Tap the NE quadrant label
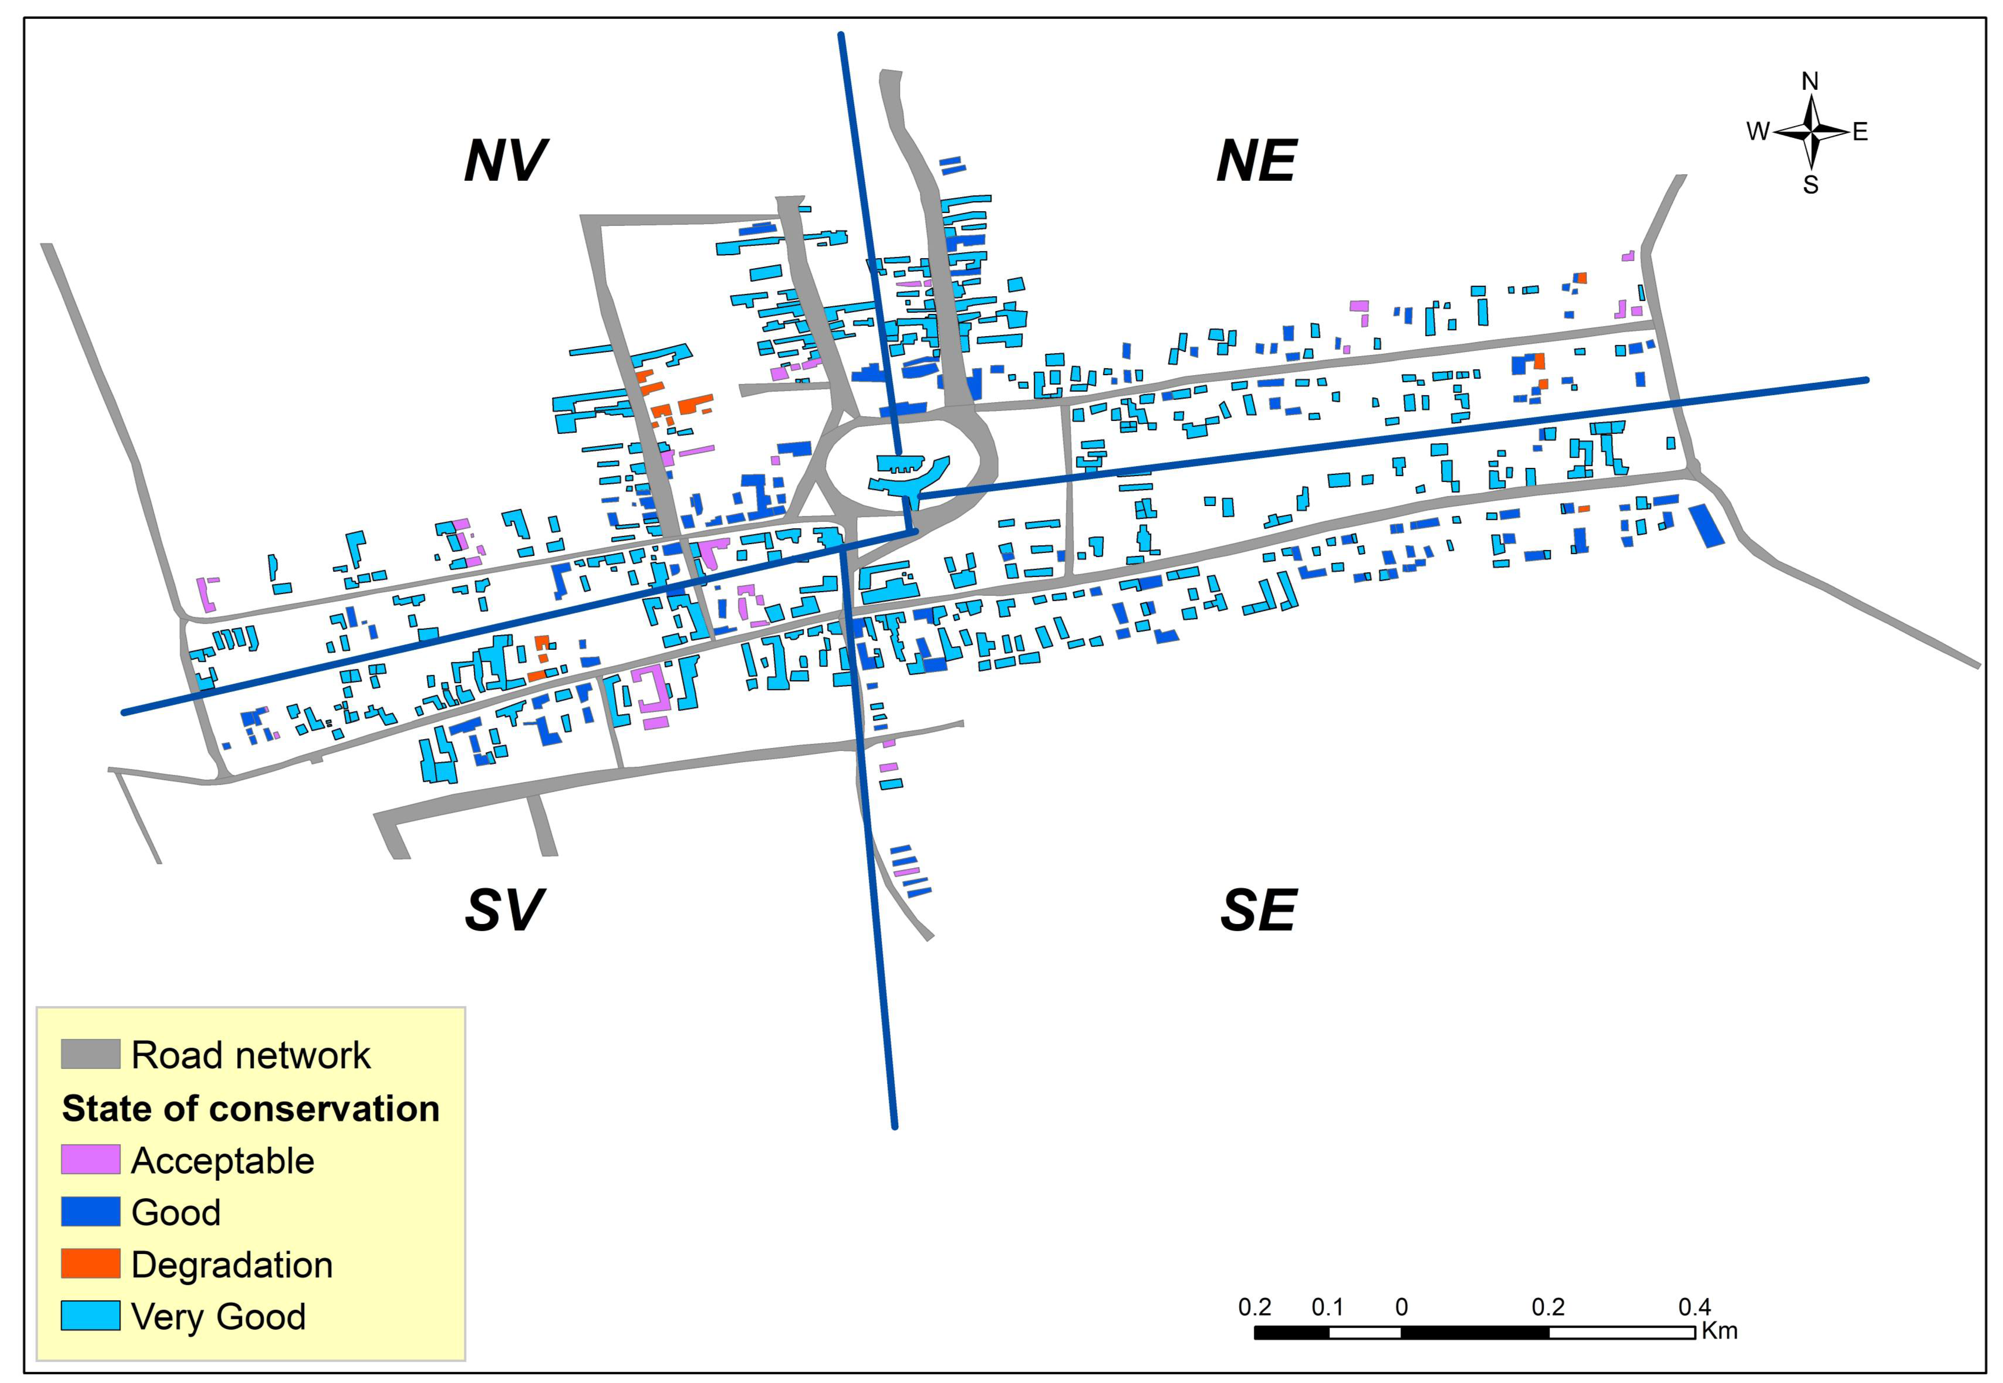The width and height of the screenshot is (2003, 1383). tap(1256, 160)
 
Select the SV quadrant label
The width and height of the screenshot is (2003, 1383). tap(504, 910)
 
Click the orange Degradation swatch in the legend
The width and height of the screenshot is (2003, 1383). tap(90, 1263)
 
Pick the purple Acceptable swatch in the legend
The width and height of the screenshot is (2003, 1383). tap(90, 1159)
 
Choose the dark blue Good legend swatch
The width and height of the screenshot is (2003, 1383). tap(90, 1211)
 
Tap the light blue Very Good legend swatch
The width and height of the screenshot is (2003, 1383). tap(90, 1316)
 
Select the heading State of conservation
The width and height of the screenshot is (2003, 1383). tap(251, 1108)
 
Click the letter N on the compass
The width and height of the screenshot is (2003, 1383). tap(1810, 81)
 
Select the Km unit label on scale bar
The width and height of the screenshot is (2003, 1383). tap(1719, 1330)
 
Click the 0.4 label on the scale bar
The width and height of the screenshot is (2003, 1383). tap(1695, 1307)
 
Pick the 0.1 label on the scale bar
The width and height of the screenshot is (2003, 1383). tap(1327, 1307)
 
